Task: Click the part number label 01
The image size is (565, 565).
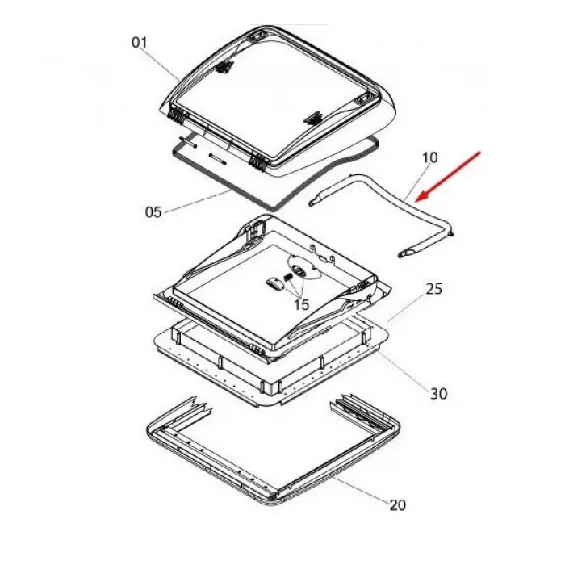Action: point(140,43)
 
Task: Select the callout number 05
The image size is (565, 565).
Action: point(153,211)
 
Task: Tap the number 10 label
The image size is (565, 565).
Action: point(429,157)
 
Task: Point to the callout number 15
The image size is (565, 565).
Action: point(302,305)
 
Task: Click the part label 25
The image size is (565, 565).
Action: point(434,289)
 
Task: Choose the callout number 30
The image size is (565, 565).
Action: point(439,394)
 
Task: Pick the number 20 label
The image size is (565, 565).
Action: point(397,505)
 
